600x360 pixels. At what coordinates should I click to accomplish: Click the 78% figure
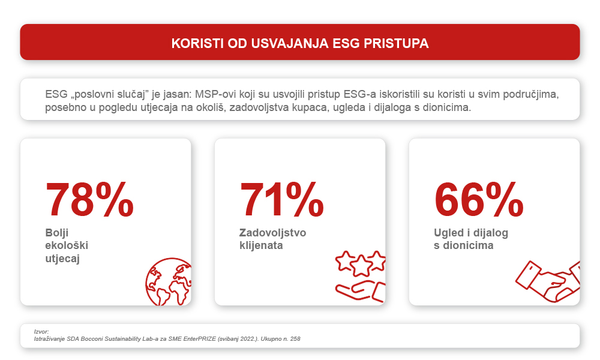click(90, 199)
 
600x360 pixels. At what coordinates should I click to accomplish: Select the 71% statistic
click(282, 199)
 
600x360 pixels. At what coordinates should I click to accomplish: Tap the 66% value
click(478, 199)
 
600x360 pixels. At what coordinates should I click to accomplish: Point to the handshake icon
click(549, 281)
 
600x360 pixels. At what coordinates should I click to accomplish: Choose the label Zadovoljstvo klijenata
click(272, 239)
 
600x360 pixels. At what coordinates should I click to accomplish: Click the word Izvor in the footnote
click(41, 332)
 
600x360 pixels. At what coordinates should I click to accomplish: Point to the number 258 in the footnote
click(295, 339)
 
